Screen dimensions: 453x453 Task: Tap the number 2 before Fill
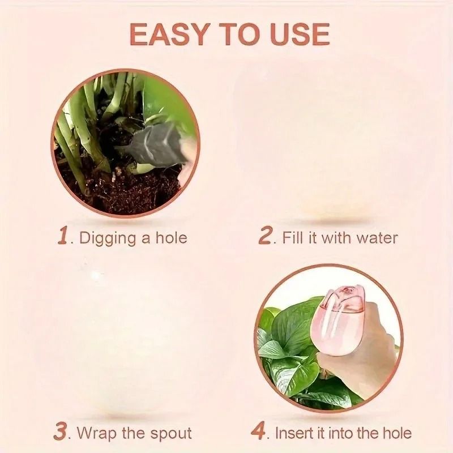pos(266,236)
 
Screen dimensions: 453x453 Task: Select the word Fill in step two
pos(293,237)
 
